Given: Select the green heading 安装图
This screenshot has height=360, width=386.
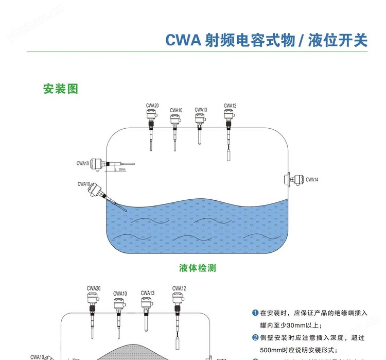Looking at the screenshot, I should [x=60, y=89].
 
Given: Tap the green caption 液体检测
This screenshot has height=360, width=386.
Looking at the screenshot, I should [x=197, y=268].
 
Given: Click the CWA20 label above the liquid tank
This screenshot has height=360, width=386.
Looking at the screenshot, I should [x=152, y=106].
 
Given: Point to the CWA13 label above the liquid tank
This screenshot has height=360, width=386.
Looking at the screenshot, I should [x=201, y=110].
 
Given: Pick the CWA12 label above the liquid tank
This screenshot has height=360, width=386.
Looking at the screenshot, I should [x=230, y=106].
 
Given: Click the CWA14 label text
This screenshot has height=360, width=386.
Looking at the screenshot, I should [x=312, y=180].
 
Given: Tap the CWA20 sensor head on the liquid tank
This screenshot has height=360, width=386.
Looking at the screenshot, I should [x=151, y=117].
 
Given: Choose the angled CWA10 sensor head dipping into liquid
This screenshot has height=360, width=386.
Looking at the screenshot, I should [x=96, y=191].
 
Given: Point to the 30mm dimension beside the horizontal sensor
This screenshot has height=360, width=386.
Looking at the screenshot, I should [x=121, y=169].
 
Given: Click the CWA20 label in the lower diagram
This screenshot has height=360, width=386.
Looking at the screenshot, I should [x=94, y=288].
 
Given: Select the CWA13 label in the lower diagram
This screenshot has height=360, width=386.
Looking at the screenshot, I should [x=147, y=293].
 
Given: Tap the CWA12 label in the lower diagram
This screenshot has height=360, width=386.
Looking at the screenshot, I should [x=179, y=288].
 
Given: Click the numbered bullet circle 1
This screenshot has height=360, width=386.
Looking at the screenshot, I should [x=255, y=313].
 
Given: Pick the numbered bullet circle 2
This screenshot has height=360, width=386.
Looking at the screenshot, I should [x=255, y=338].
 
